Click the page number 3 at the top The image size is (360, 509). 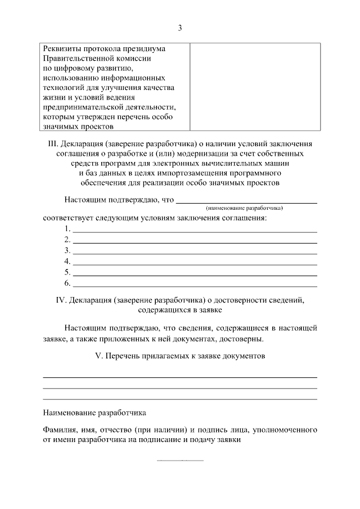[x=179, y=27]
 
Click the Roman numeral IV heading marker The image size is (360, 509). [x=61, y=299]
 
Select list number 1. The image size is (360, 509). [x=67, y=228]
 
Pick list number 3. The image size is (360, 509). [x=67, y=250]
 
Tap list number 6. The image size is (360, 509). [x=67, y=282]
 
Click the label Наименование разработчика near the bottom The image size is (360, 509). [x=94, y=412]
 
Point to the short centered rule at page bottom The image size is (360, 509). [x=180, y=461]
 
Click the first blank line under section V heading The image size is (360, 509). [x=180, y=377]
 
